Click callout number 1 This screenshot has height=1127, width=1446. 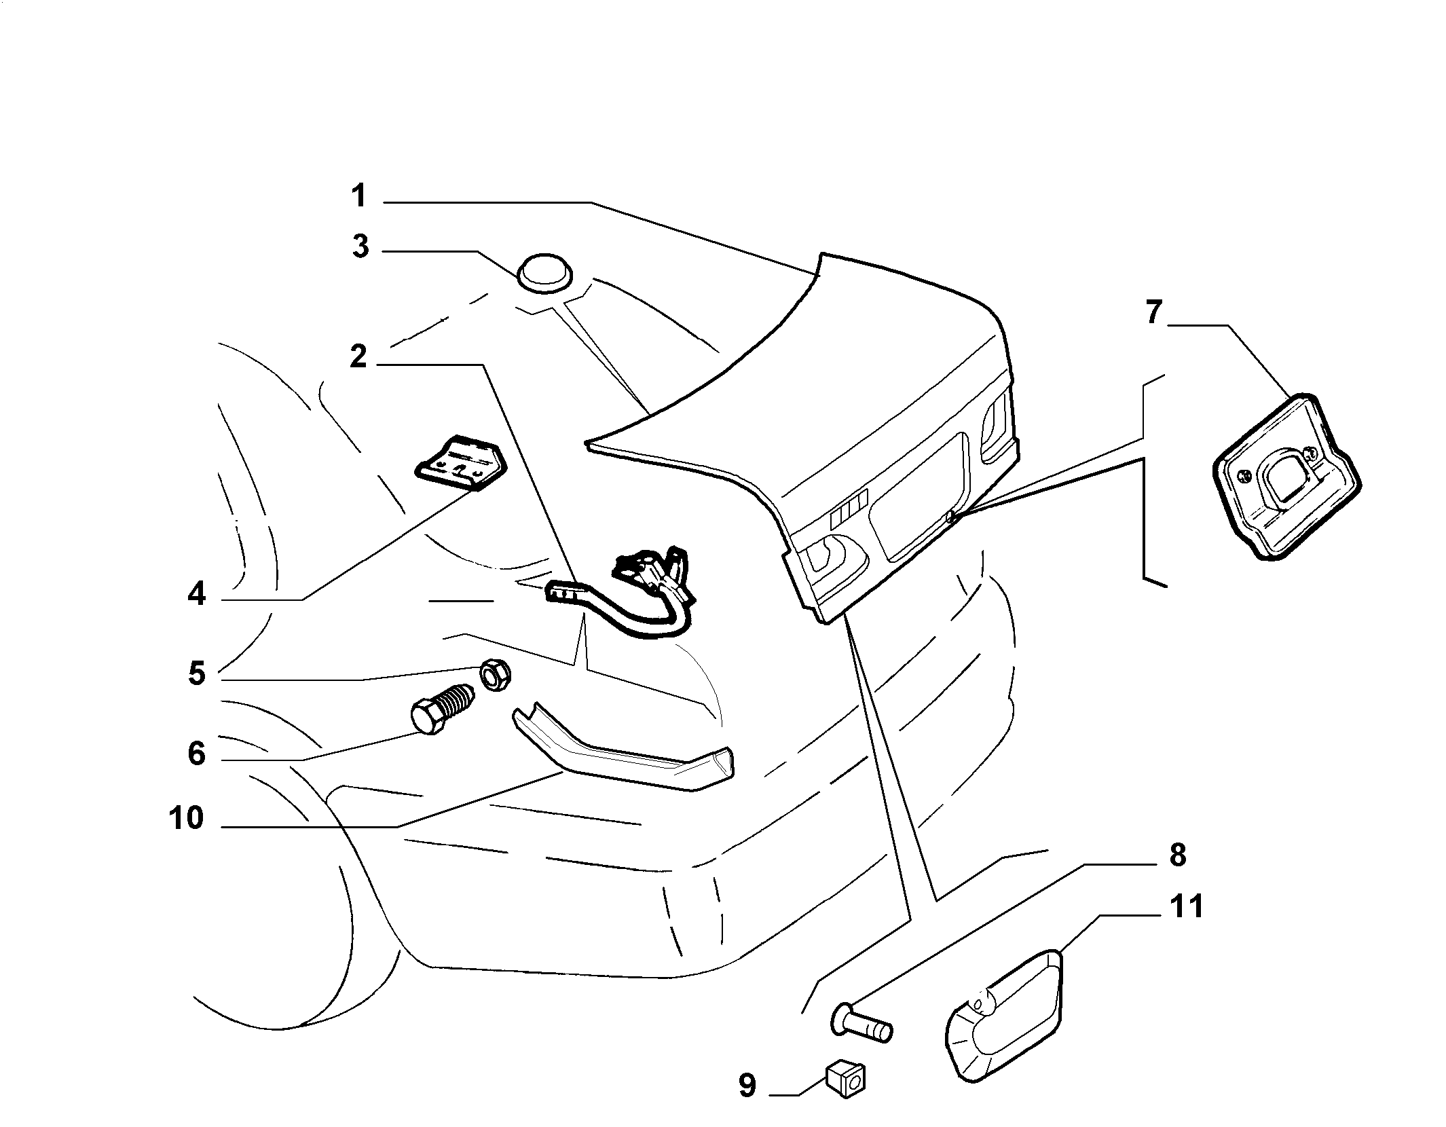pyautogui.click(x=359, y=197)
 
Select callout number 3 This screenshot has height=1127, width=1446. pyautogui.click(x=360, y=246)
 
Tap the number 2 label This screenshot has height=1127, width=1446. pyautogui.click(x=358, y=356)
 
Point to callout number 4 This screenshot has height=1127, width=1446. pyautogui.click(x=196, y=595)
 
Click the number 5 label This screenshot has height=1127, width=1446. pyautogui.click(x=197, y=673)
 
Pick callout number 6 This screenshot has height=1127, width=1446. pyautogui.click(x=196, y=753)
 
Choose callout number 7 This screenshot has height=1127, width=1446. pyautogui.click(x=1155, y=313)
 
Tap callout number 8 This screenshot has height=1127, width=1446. pyautogui.click(x=1177, y=855)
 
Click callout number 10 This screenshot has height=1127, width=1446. pyautogui.click(x=187, y=819)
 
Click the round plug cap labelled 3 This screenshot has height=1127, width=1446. pyautogui.click(x=545, y=274)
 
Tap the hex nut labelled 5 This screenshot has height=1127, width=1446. pyautogui.click(x=496, y=675)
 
